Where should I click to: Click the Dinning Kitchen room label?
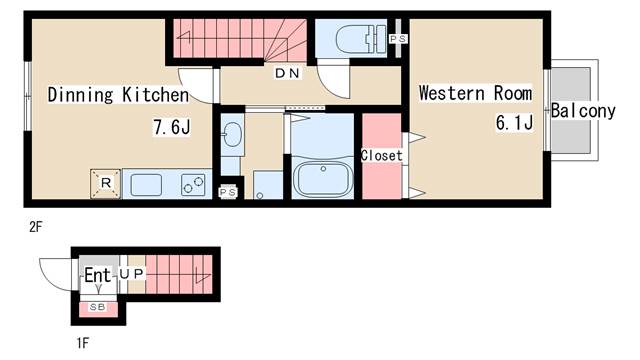click(118, 95)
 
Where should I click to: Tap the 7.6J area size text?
click(172, 127)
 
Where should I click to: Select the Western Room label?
click(476, 93)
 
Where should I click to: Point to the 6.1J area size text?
click(514, 122)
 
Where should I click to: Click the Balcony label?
click(583, 111)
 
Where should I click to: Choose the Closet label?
click(382, 155)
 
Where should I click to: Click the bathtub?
click(323, 179)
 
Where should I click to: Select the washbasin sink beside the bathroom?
click(233, 134)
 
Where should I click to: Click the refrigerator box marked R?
click(105, 184)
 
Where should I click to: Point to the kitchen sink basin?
click(146, 184)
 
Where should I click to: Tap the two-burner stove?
click(193, 184)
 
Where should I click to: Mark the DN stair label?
click(287, 73)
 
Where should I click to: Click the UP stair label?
click(132, 274)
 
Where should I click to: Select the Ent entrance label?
click(98, 275)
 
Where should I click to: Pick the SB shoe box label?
click(98, 307)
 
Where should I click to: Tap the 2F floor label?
click(36, 227)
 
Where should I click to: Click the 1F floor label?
click(82, 343)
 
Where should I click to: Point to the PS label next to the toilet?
click(398, 39)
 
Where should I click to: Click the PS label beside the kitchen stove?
click(228, 192)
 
